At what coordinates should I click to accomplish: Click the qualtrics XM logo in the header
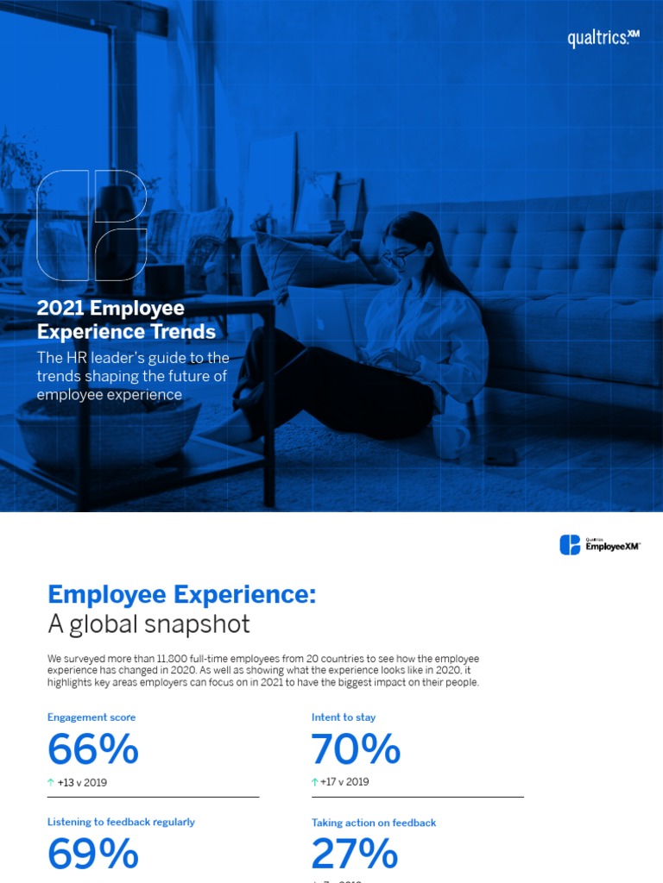pyautogui.click(x=603, y=38)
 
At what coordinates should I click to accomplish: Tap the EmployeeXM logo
pyautogui.click(x=601, y=545)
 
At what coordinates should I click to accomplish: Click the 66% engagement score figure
pyautogui.click(x=93, y=749)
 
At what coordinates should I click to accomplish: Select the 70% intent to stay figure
pyautogui.click(x=356, y=749)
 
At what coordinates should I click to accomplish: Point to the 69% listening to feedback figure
pyautogui.click(x=93, y=854)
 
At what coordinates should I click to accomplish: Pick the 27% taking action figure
pyautogui.click(x=355, y=854)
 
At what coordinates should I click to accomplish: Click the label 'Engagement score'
pyautogui.click(x=92, y=717)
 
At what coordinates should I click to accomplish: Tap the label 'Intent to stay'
pyautogui.click(x=344, y=717)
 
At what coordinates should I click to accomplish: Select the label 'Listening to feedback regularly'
pyautogui.click(x=121, y=822)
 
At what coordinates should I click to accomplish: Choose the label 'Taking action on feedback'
pyautogui.click(x=374, y=823)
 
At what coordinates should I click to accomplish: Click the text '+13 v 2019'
pyautogui.click(x=82, y=783)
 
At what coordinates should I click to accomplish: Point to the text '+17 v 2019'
pyautogui.click(x=344, y=782)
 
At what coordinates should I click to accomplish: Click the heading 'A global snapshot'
pyautogui.click(x=148, y=623)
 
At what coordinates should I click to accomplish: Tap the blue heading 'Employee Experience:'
pyautogui.click(x=182, y=594)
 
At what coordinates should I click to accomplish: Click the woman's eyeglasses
pyautogui.click(x=401, y=255)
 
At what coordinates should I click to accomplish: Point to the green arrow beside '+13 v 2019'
pyautogui.click(x=51, y=783)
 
